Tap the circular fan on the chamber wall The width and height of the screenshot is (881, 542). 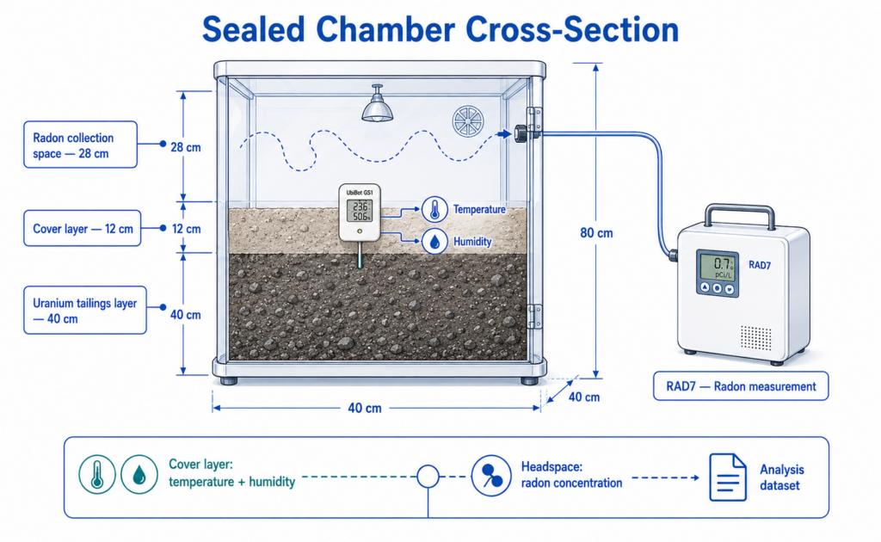click(x=468, y=122)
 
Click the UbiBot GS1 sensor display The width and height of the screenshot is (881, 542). click(x=360, y=211)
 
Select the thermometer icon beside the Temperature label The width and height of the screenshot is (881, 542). click(x=434, y=210)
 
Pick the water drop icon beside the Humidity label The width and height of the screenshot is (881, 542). click(x=434, y=242)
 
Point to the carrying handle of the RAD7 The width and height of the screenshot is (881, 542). click(x=740, y=216)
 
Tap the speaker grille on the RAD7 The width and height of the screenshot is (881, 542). click(x=755, y=337)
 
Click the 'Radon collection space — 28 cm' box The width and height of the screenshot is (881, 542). click(x=80, y=145)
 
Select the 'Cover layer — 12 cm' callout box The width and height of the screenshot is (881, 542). click(x=82, y=228)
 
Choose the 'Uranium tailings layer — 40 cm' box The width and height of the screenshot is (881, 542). click(x=85, y=310)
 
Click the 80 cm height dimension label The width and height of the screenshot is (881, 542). click(x=596, y=232)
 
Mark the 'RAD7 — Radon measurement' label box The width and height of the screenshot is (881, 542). click(x=741, y=386)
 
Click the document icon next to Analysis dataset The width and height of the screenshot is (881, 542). click(x=728, y=477)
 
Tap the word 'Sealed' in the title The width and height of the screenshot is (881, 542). click(x=254, y=29)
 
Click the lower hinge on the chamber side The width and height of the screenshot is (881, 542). click(x=534, y=317)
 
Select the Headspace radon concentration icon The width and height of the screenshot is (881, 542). click(x=491, y=476)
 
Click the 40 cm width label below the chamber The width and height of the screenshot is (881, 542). click(x=365, y=409)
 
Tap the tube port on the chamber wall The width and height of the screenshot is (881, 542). click(x=521, y=133)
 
